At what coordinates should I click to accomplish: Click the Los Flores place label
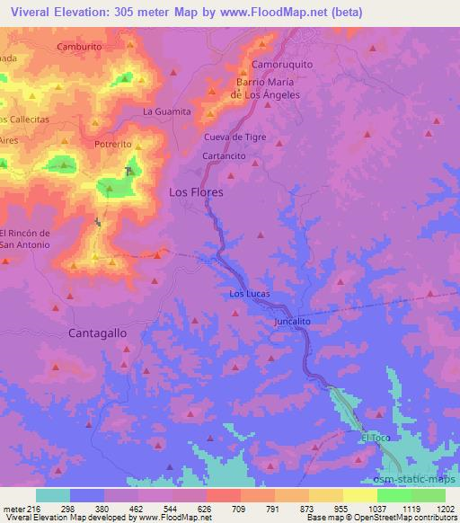tap(196, 192)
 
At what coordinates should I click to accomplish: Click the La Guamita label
tap(167, 111)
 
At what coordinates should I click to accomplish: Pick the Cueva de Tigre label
tap(235, 137)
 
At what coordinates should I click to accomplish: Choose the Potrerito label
tap(113, 144)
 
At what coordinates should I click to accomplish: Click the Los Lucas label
tap(250, 294)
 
